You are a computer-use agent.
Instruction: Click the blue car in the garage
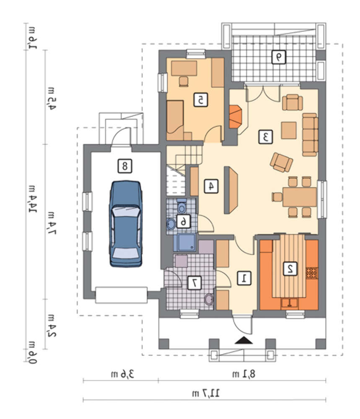click(125, 224)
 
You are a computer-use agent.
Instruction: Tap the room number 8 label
click(125, 166)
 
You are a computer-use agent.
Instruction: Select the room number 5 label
click(200, 100)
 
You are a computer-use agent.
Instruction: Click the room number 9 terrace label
click(278, 57)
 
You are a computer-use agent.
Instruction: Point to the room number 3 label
click(266, 137)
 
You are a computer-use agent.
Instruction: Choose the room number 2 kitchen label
click(290, 269)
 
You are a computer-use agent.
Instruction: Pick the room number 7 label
click(194, 283)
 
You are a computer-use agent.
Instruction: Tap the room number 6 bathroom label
click(183, 221)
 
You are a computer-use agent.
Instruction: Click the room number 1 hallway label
click(244, 278)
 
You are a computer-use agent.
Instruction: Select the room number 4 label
click(211, 186)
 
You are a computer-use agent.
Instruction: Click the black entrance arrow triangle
click(243, 340)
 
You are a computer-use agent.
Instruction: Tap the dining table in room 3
click(300, 197)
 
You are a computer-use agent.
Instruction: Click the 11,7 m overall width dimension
click(205, 393)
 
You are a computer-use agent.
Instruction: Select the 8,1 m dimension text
click(243, 374)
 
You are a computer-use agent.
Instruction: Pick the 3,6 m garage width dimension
click(122, 374)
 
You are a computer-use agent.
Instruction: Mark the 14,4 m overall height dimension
click(33, 199)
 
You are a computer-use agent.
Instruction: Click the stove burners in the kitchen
click(312, 273)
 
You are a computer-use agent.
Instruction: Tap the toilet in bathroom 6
click(182, 206)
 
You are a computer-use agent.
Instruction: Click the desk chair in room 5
click(184, 82)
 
